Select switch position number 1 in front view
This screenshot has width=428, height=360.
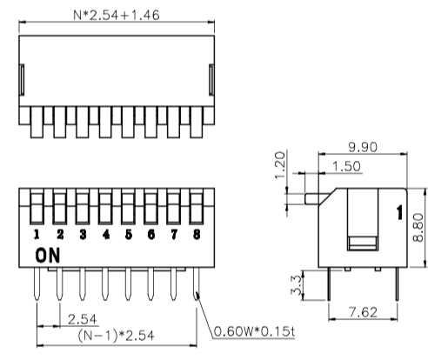[x=37, y=235]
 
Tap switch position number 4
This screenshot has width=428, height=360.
[x=104, y=235]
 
